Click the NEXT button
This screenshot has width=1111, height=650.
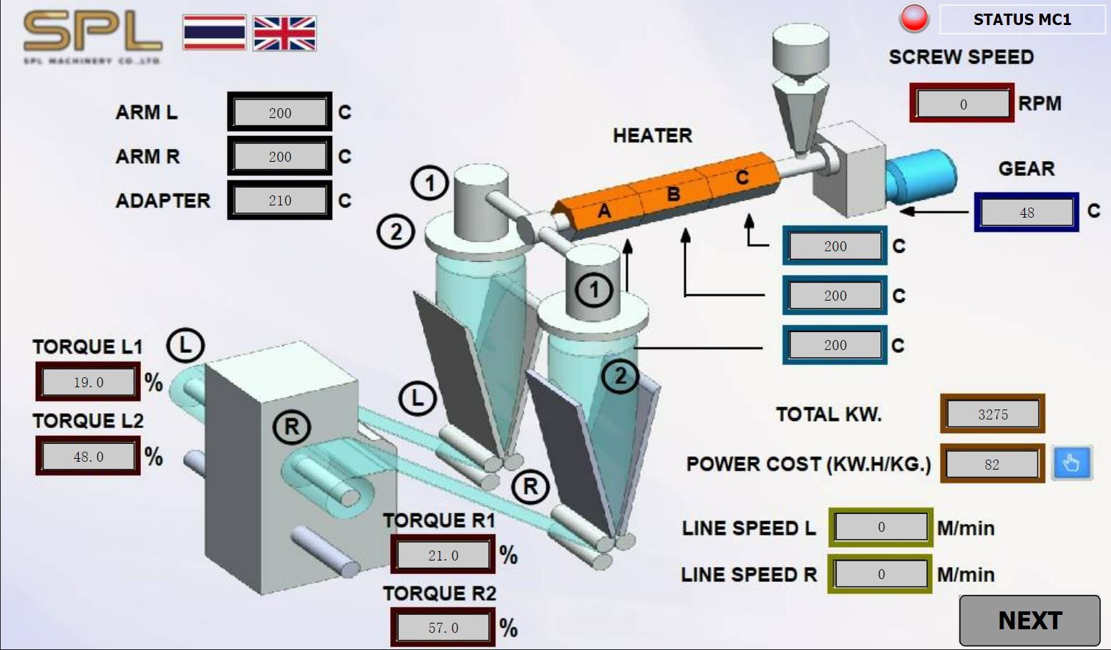[1029, 621]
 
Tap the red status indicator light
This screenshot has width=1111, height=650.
[914, 19]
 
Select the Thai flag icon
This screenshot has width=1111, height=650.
[214, 33]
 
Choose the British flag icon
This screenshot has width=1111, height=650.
[284, 33]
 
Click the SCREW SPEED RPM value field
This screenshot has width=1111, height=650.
[963, 104]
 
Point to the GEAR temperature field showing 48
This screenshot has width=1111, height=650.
[1027, 213]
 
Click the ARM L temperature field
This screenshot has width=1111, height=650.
[280, 113]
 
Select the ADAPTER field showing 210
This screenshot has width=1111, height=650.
[280, 200]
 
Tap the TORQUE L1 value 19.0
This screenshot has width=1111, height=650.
[89, 382]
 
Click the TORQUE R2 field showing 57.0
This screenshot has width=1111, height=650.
[443, 628]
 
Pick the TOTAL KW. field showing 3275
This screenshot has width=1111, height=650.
[992, 414]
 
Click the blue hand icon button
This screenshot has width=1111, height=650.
[1071, 463]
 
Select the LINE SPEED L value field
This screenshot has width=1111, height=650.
[881, 528]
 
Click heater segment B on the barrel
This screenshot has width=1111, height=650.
[673, 194]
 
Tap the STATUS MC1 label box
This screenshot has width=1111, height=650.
[1022, 19]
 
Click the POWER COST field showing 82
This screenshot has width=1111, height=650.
[991, 465]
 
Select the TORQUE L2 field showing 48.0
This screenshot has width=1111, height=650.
[89, 457]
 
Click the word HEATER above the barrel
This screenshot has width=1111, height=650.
[652, 135]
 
